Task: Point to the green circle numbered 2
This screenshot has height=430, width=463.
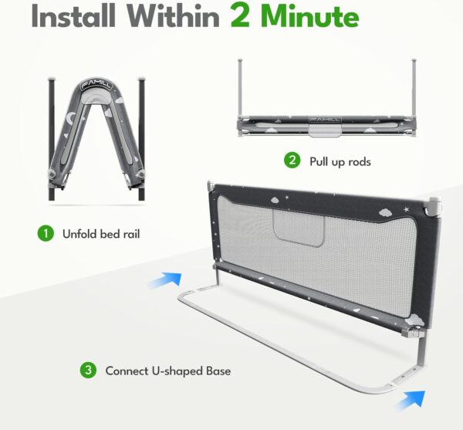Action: click(292, 161)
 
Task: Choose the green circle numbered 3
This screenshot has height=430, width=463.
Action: click(89, 371)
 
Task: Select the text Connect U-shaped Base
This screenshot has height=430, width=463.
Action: click(168, 371)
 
